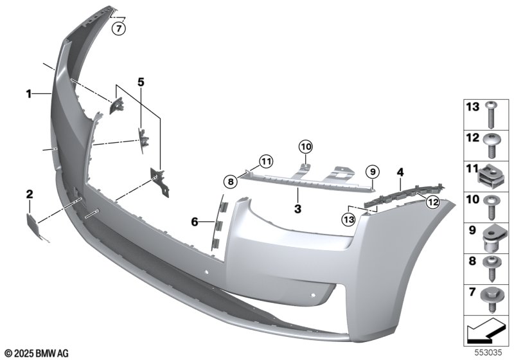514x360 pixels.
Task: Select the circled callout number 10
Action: tap(305, 147)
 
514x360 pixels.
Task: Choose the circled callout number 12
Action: tap(432, 203)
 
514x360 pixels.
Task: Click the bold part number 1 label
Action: tap(29, 94)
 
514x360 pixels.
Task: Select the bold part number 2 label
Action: tap(29, 193)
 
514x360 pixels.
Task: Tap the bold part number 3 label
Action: tap(297, 209)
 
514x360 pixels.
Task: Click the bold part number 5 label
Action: tap(141, 82)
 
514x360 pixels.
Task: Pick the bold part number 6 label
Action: tap(195, 222)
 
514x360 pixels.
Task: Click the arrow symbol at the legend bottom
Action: tap(484, 332)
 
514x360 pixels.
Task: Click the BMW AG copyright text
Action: tap(36, 353)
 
